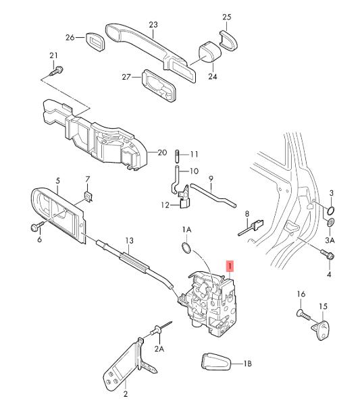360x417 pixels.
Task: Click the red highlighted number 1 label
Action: [230, 266]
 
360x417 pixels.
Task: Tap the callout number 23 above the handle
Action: [153, 25]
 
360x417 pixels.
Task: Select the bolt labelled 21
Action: [57, 72]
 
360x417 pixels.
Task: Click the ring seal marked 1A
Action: [186, 248]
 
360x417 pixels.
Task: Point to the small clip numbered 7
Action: [88, 196]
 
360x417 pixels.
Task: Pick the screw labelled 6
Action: [37, 227]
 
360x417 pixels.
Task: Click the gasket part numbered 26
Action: [95, 42]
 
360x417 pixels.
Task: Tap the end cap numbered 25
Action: [228, 40]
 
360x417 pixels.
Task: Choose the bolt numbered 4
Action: [328, 254]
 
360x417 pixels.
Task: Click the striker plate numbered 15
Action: [321, 330]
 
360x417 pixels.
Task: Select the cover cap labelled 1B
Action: [216, 361]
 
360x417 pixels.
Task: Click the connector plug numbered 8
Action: [251, 227]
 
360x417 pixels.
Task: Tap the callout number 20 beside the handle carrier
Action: [162, 152]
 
